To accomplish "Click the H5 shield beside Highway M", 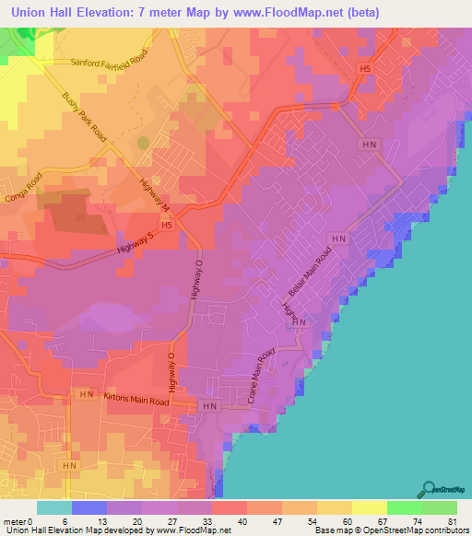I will click(167, 224).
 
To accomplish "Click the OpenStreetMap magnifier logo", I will click(431, 489).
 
